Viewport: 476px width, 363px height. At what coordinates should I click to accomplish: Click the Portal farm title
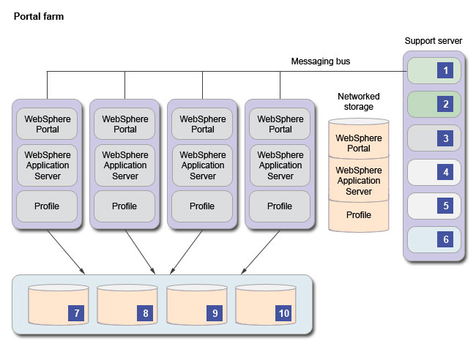click(x=39, y=16)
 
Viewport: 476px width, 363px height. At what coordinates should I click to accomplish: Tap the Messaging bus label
click(x=321, y=61)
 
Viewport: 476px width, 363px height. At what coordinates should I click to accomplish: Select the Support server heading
click(x=434, y=40)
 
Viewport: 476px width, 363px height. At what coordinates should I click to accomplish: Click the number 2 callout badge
click(x=445, y=104)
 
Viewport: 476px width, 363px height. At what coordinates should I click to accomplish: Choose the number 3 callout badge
click(x=445, y=138)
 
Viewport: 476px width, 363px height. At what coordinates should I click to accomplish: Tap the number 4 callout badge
click(x=445, y=172)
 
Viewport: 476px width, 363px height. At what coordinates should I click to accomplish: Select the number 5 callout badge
click(x=445, y=206)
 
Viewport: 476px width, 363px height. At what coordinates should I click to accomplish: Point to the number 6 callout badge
click(x=445, y=239)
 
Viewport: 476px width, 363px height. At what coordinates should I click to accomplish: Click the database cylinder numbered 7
click(x=57, y=307)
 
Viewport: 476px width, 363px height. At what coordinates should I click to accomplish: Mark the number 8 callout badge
click(x=146, y=313)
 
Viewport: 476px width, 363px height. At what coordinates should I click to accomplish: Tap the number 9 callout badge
click(x=215, y=313)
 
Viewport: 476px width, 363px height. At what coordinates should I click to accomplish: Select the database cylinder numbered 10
click(x=265, y=307)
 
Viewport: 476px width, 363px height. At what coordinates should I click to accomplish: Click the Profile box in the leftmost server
click(x=47, y=206)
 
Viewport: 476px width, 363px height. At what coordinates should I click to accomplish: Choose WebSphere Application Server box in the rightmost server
click(x=280, y=165)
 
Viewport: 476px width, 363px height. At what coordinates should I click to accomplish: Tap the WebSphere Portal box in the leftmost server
click(x=47, y=124)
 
